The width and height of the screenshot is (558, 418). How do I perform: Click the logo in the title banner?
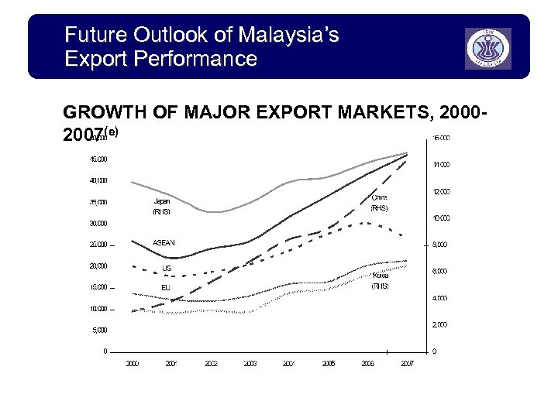point(488,48)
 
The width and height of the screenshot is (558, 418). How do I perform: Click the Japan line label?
point(161,200)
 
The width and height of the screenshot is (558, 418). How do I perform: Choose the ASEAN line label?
point(164,243)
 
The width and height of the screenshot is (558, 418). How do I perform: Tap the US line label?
point(166,269)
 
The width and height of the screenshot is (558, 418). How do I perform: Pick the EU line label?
point(165,287)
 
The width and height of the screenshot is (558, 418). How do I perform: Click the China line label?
point(379,198)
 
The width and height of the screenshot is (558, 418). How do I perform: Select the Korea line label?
point(380,276)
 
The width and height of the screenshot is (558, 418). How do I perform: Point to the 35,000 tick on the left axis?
point(98,203)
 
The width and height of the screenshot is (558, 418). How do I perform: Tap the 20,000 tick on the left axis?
point(98,266)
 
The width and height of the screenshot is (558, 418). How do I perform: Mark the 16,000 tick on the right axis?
point(441,139)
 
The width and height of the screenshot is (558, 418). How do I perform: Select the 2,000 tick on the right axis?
point(440,324)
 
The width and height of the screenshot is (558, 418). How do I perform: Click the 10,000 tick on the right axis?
point(441,218)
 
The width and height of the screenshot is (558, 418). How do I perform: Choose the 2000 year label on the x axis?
point(133,363)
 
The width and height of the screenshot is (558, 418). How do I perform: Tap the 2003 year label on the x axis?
point(250,363)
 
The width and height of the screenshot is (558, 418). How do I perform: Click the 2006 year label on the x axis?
point(367,363)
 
